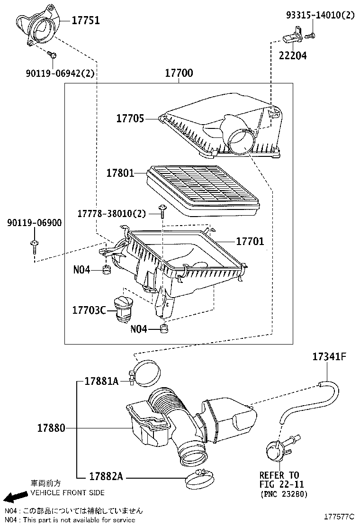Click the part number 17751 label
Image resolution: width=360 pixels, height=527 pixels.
tap(86, 20)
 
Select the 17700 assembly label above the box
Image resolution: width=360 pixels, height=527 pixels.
tap(179, 73)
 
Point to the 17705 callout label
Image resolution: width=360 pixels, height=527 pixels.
tap(130, 118)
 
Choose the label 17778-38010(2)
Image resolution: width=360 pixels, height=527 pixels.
tap(112, 214)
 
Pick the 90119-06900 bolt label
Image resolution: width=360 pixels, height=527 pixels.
tap(34, 223)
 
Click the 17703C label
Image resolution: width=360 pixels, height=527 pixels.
tap(89, 310)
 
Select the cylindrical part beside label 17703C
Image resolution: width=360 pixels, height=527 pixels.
tap(123, 309)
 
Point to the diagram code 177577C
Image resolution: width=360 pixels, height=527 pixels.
tap(339, 516)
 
